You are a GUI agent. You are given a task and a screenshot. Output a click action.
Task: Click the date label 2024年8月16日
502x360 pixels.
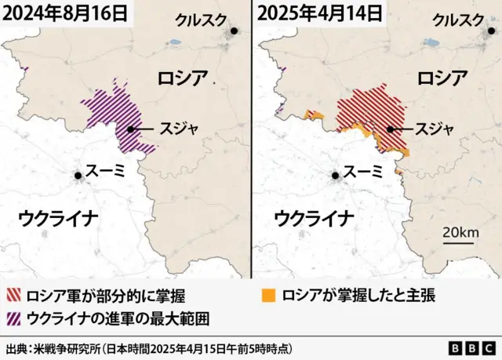pyautogui.click(x=64, y=13)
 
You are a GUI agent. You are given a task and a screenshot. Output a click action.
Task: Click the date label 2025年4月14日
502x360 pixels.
pyautogui.click(x=320, y=13)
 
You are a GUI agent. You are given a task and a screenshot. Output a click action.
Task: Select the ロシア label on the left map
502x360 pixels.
pyautogui.click(x=183, y=78)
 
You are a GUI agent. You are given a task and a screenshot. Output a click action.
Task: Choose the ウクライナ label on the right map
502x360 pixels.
pyautogui.click(x=313, y=217)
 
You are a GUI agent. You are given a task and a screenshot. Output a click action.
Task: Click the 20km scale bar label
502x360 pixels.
pyautogui.click(x=460, y=232)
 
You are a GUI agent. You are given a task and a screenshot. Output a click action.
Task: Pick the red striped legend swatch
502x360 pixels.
pyautogui.click(x=13, y=296)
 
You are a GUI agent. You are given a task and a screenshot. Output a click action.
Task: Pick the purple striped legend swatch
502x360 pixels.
pyautogui.click(x=13, y=318)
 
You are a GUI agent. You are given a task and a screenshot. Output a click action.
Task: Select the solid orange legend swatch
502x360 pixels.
pyautogui.click(x=269, y=296)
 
